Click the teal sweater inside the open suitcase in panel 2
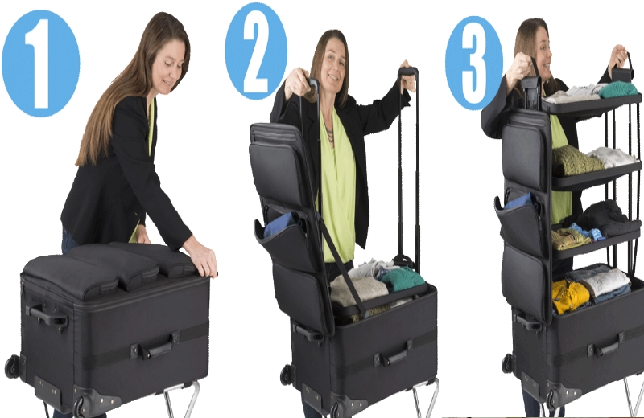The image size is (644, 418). point(402,278)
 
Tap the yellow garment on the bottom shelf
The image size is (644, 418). point(570,295)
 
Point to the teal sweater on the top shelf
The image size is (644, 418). point(619,89)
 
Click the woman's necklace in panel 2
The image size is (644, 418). point(329,133)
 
